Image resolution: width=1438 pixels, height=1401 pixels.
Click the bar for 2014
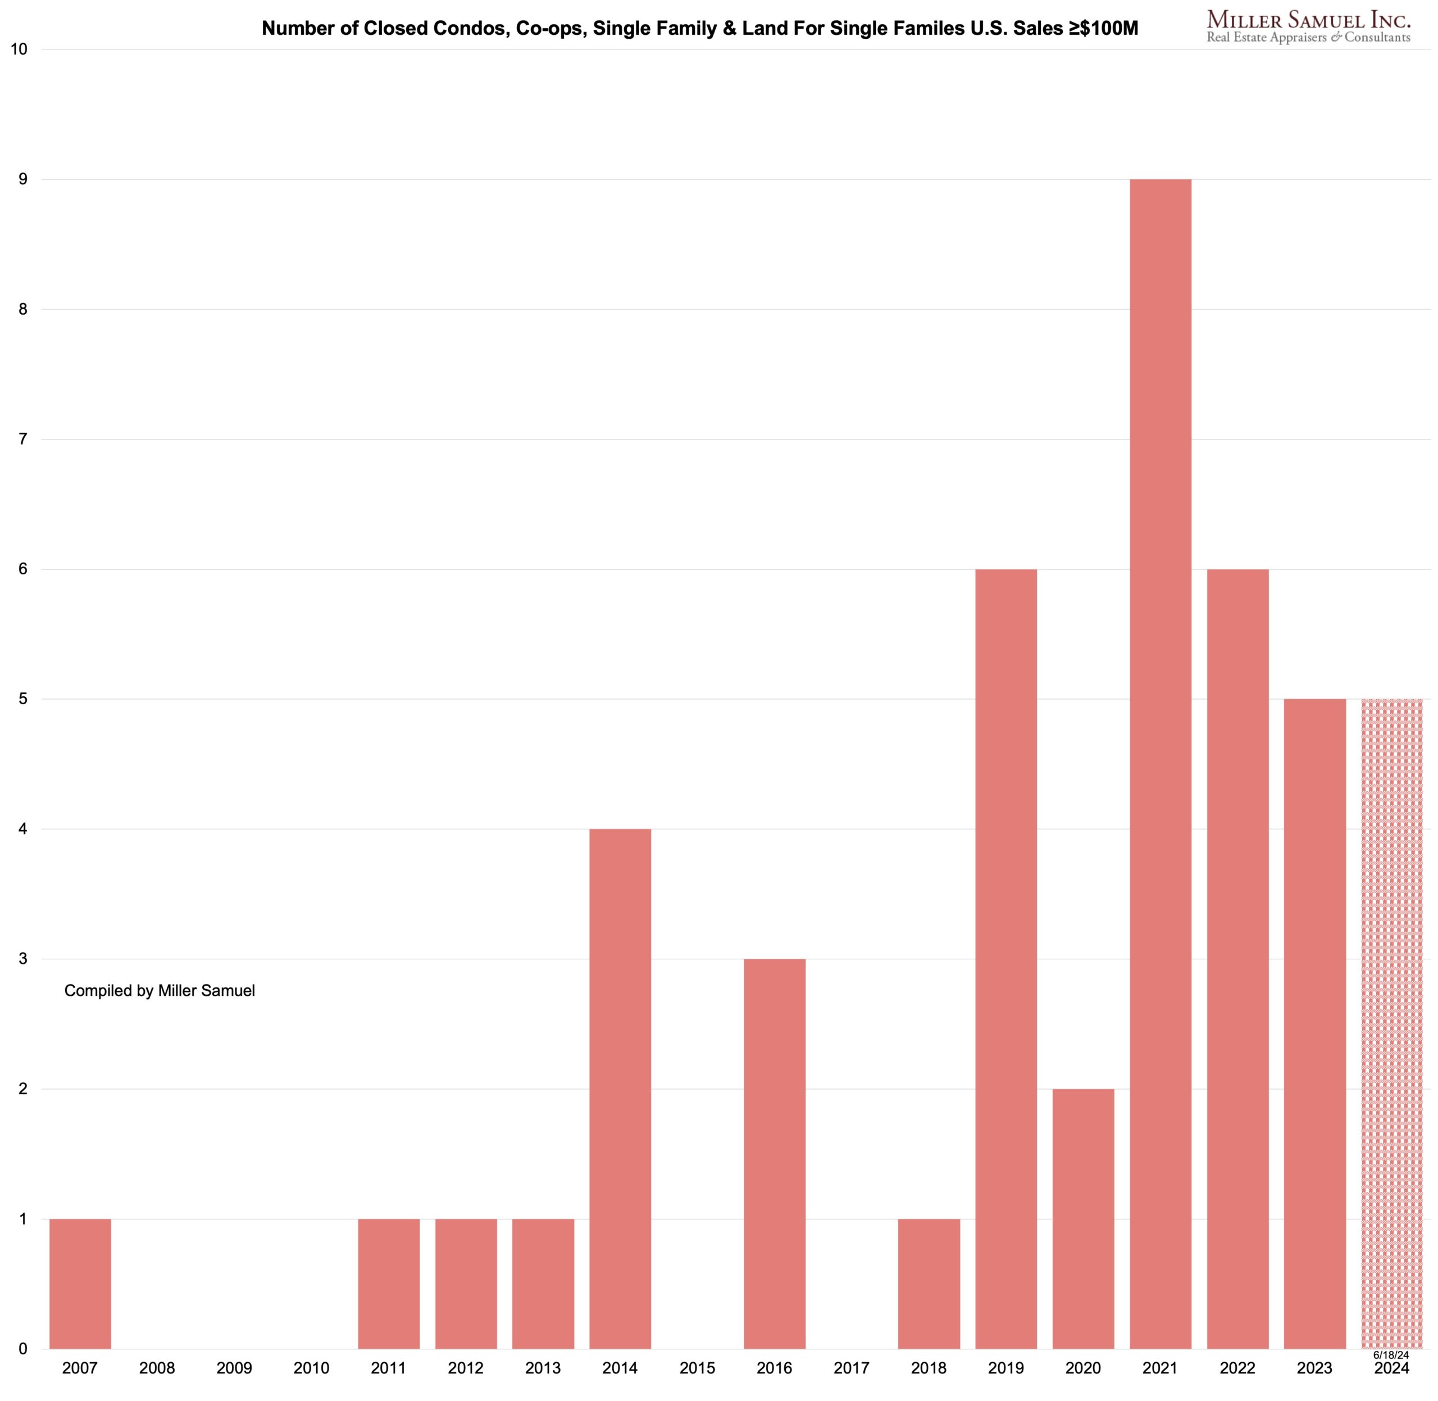pos(620,1089)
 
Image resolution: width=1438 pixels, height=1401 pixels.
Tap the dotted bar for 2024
pos(1391,1023)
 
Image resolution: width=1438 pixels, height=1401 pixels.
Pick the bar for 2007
pos(80,1284)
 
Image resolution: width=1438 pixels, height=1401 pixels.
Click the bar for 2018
pos(929,1284)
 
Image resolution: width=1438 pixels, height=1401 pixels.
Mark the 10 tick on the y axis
pos(19,50)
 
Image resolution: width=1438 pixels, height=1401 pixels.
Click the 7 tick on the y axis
pos(23,439)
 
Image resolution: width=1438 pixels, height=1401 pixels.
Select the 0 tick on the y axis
pos(23,1349)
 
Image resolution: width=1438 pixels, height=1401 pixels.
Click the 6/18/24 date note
pos(1391,1355)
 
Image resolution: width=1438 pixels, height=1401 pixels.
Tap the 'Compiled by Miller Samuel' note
pos(160,990)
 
